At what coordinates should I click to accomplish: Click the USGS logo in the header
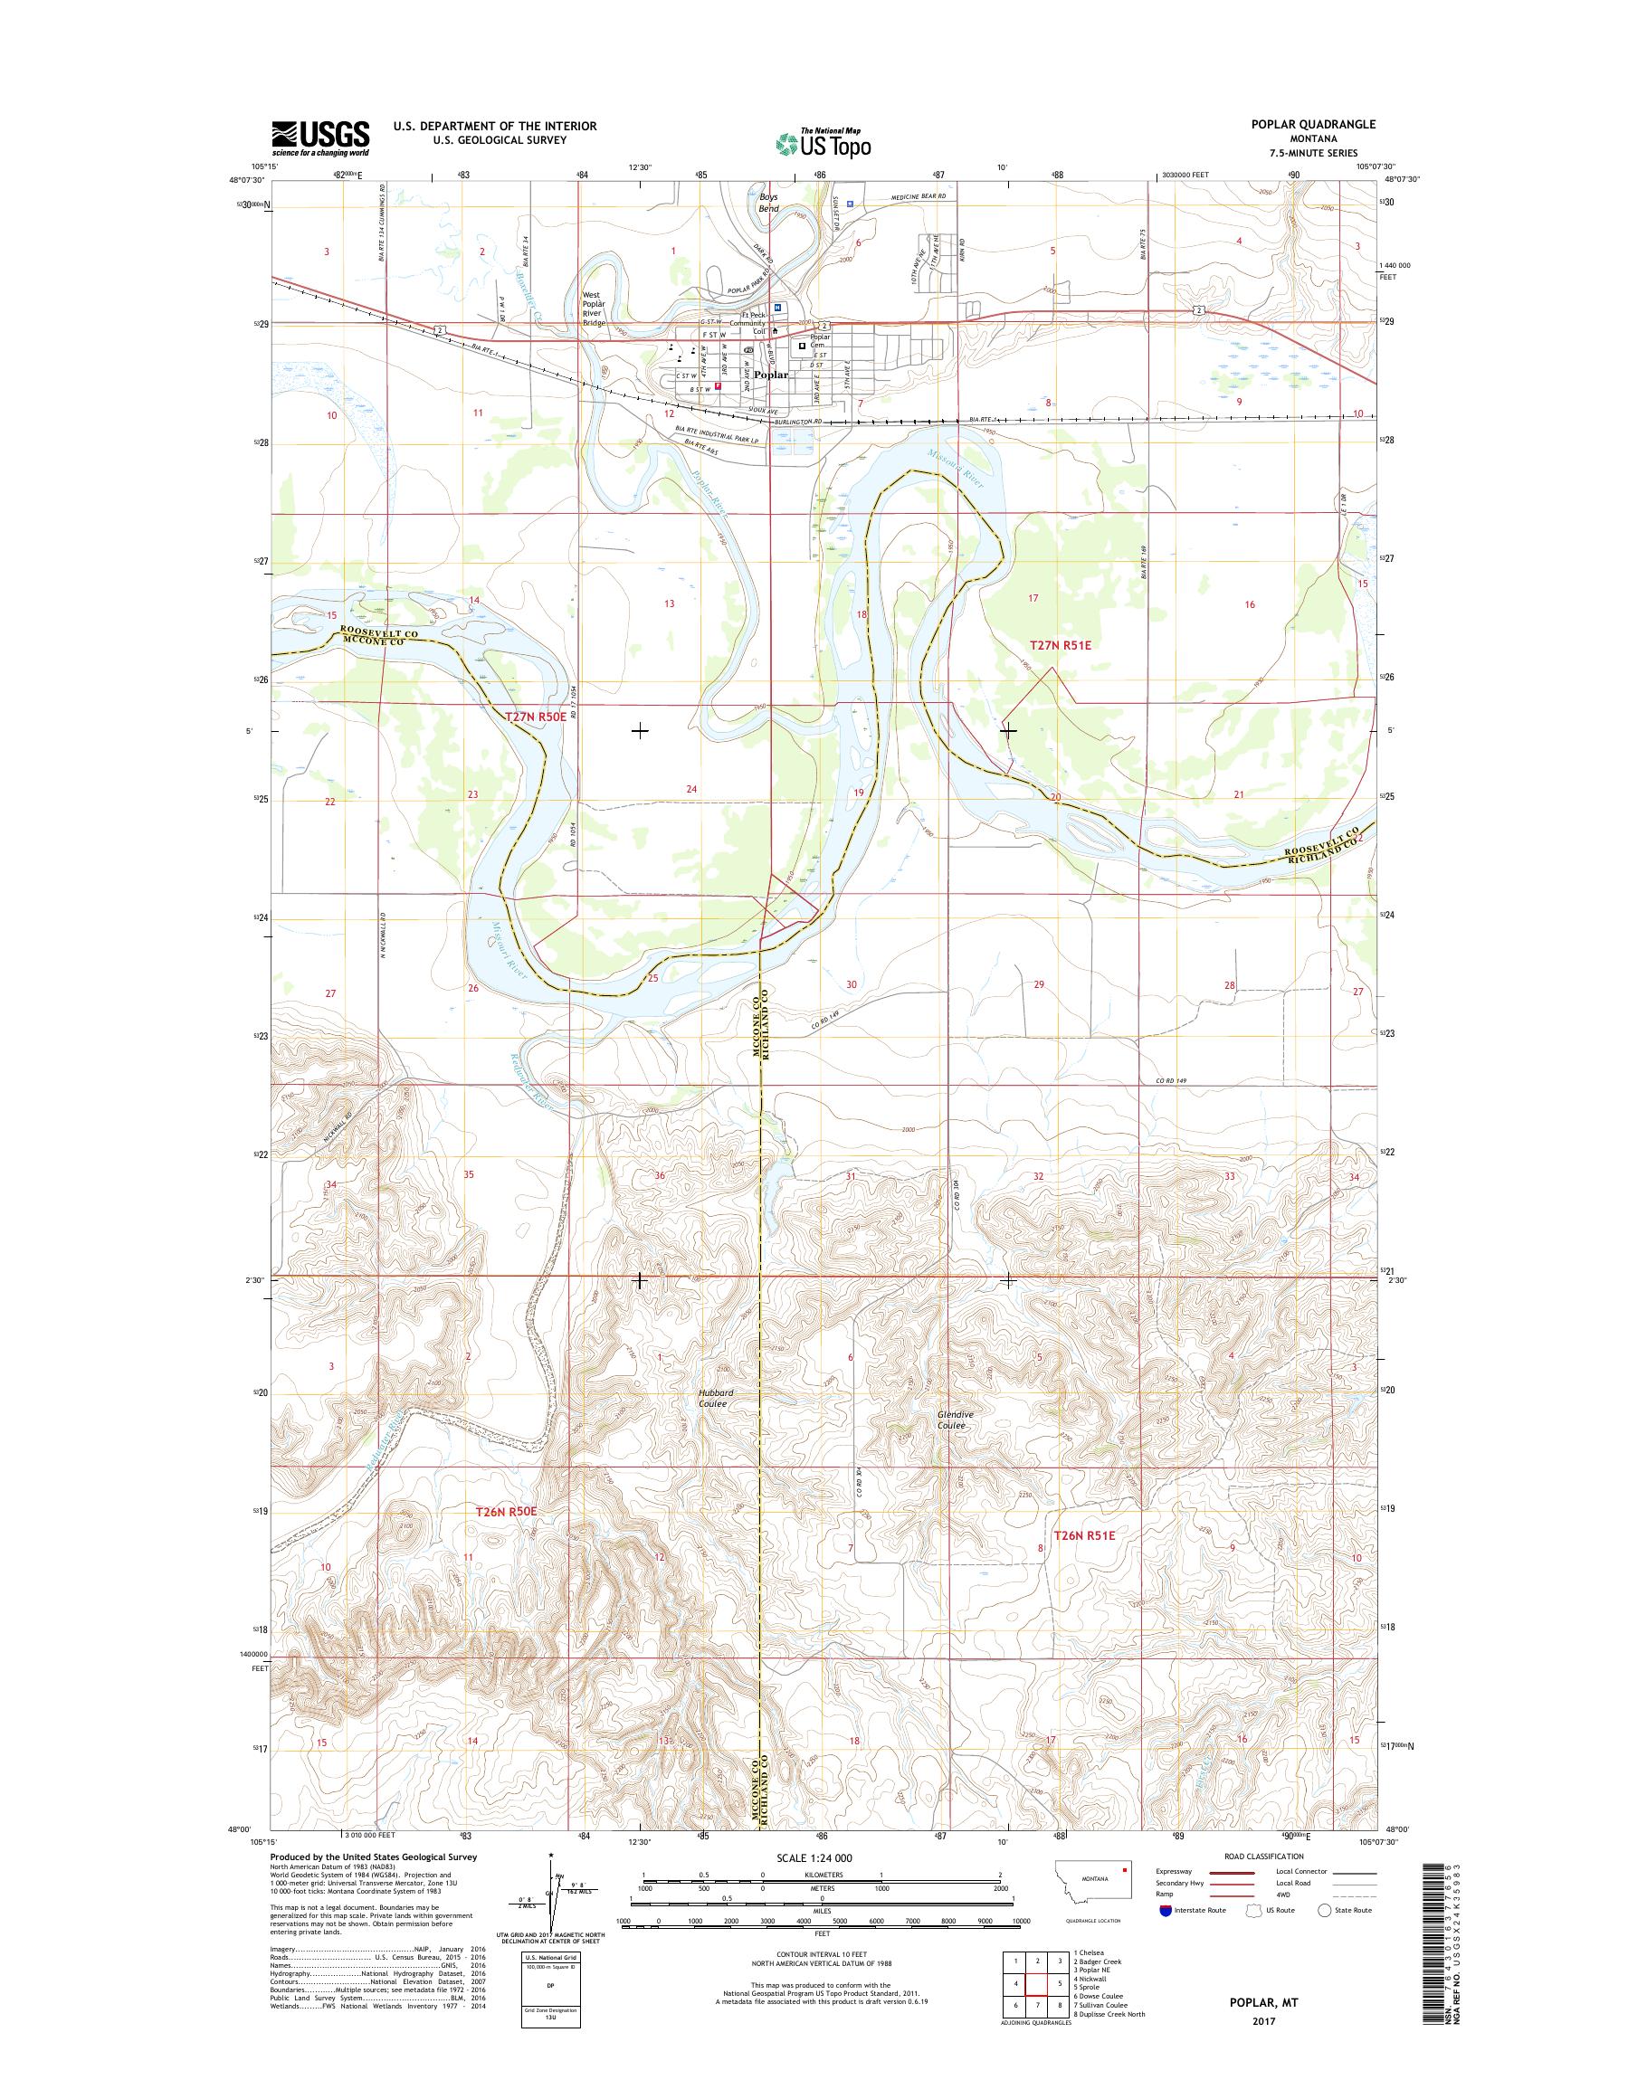pyautogui.click(x=320, y=138)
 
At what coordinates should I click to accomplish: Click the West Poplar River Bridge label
pyautogui.click(x=592, y=309)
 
